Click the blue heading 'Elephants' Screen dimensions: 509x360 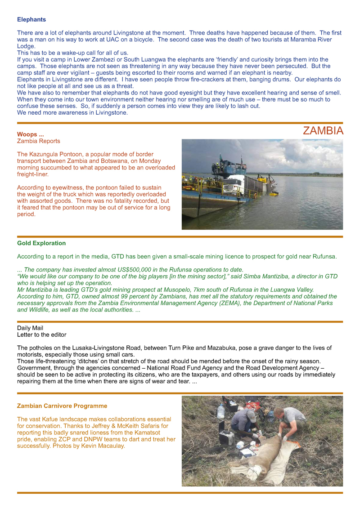[31, 20]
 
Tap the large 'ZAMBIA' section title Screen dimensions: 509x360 [323, 131]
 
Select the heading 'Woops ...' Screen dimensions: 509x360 [30, 134]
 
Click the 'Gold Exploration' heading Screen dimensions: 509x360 [41, 243]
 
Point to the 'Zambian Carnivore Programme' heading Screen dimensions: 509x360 [62, 406]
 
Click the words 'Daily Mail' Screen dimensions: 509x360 [30, 328]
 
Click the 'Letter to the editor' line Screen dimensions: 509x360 [42, 335]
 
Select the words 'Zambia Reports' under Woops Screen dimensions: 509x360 [38, 141]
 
